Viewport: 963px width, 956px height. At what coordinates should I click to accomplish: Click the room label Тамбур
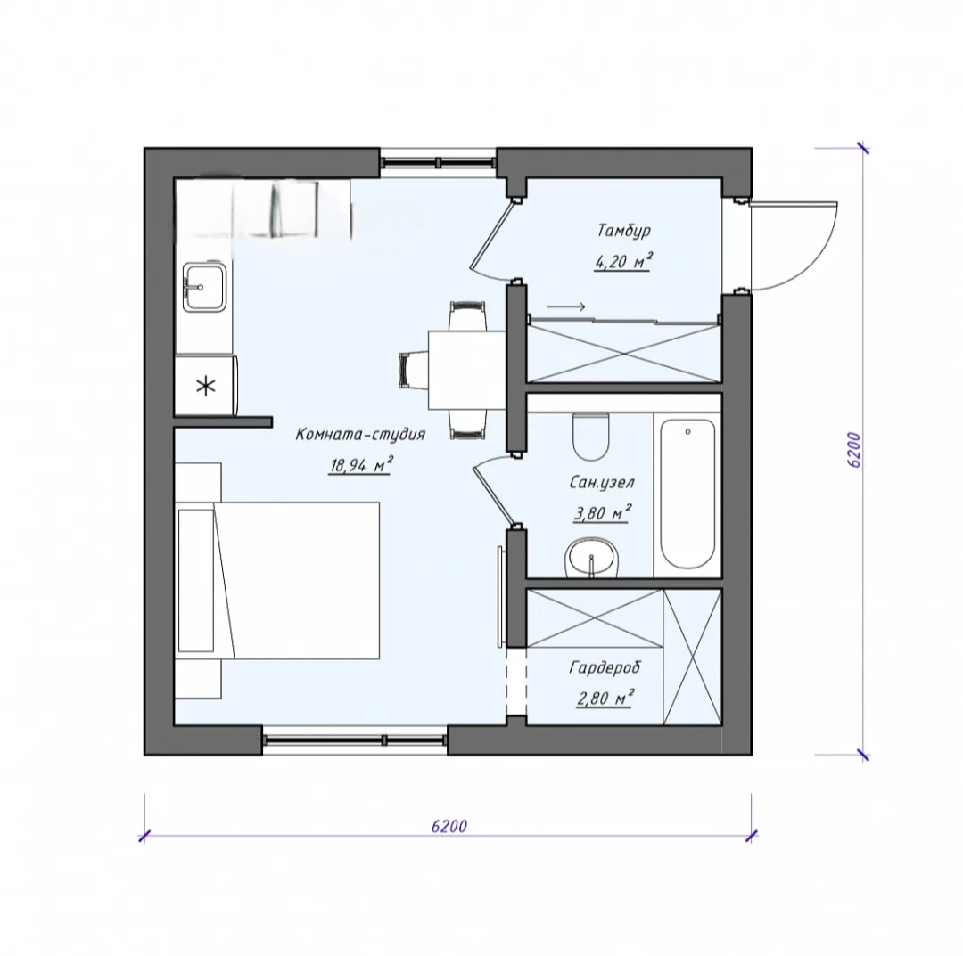click(623, 232)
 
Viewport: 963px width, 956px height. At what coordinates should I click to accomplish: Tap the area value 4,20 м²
click(622, 262)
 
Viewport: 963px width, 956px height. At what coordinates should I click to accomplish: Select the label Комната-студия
click(360, 435)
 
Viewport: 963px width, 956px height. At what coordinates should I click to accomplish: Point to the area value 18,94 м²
click(361, 466)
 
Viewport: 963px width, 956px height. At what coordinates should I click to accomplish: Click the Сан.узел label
click(602, 482)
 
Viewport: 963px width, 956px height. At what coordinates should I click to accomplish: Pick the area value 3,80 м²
click(603, 513)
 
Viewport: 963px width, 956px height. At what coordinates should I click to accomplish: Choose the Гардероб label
click(605, 667)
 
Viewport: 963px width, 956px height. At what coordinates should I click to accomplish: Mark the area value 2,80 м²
click(605, 698)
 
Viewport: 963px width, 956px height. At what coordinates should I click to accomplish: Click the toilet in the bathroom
click(590, 437)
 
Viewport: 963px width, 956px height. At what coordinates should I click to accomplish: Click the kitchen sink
click(204, 287)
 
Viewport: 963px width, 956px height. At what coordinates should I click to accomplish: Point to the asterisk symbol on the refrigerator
click(206, 387)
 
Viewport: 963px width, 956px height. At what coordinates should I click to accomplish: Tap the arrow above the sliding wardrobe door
click(565, 306)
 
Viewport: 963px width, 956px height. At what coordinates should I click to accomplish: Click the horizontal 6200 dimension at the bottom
click(449, 826)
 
